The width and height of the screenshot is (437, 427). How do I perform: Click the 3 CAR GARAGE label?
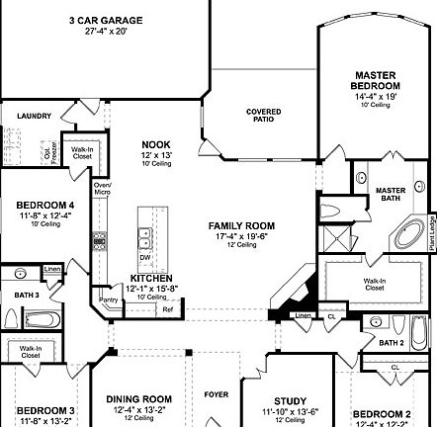pos(105,20)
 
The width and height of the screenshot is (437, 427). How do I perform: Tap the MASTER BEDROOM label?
pos(377,81)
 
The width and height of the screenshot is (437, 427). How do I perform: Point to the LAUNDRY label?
pos(34,116)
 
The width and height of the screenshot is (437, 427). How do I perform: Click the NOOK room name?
pos(155,143)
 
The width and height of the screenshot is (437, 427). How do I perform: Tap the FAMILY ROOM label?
pos(241,225)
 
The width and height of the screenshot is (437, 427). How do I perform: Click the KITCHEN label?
pos(151,278)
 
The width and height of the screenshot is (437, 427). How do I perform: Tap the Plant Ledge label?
pos(431,228)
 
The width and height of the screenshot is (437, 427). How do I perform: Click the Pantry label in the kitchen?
pos(110,299)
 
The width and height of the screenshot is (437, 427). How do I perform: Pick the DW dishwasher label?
pos(145,257)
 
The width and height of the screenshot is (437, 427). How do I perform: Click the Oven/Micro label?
pos(102,188)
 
